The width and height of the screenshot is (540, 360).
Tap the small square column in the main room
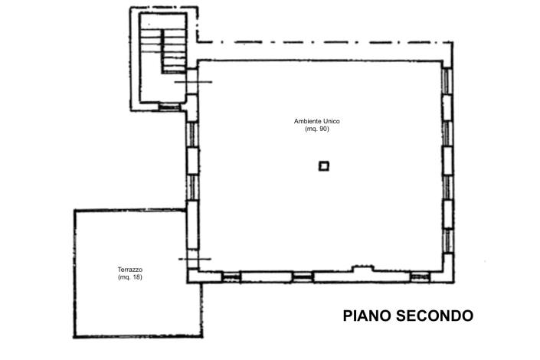(324, 165)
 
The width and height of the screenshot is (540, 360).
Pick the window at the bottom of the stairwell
(169, 106)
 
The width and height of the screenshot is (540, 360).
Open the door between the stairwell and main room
(192, 81)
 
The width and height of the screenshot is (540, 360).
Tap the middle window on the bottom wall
(303, 277)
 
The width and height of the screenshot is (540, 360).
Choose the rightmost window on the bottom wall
(420, 277)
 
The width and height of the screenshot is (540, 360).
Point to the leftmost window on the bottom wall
(231, 277)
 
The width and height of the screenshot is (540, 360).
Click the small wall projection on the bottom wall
(361, 268)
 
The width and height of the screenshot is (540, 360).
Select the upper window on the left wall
(193, 133)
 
